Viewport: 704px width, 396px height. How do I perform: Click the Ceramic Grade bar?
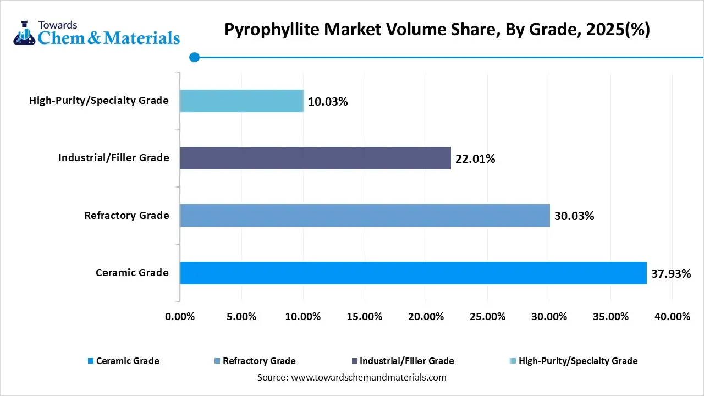click(413, 273)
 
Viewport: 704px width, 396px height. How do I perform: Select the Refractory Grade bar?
click(365, 215)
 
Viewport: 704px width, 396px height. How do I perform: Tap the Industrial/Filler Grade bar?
click(315, 158)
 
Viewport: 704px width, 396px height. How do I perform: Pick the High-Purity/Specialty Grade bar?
click(241, 101)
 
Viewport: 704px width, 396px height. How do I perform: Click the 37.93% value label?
click(671, 273)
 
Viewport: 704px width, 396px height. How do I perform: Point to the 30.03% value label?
click(574, 216)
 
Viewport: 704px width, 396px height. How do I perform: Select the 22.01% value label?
click(475, 159)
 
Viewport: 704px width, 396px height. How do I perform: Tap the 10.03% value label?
click(328, 102)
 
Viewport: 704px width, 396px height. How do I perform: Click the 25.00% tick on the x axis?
click(488, 317)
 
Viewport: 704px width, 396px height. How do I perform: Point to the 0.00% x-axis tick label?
click(180, 317)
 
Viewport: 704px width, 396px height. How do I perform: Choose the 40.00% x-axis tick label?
click(673, 317)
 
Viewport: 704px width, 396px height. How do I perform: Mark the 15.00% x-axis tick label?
click(365, 317)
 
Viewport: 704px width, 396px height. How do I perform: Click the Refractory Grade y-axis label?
click(127, 215)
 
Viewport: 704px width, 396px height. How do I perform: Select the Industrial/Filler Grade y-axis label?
click(114, 158)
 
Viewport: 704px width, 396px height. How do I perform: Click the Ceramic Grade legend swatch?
click(90, 361)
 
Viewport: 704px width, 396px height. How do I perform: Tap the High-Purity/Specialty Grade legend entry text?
click(578, 361)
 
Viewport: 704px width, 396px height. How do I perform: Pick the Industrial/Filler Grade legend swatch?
click(354, 361)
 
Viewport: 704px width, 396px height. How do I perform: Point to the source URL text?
click(351, 377)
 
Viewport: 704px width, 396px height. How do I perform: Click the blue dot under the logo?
click(194, 57)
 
